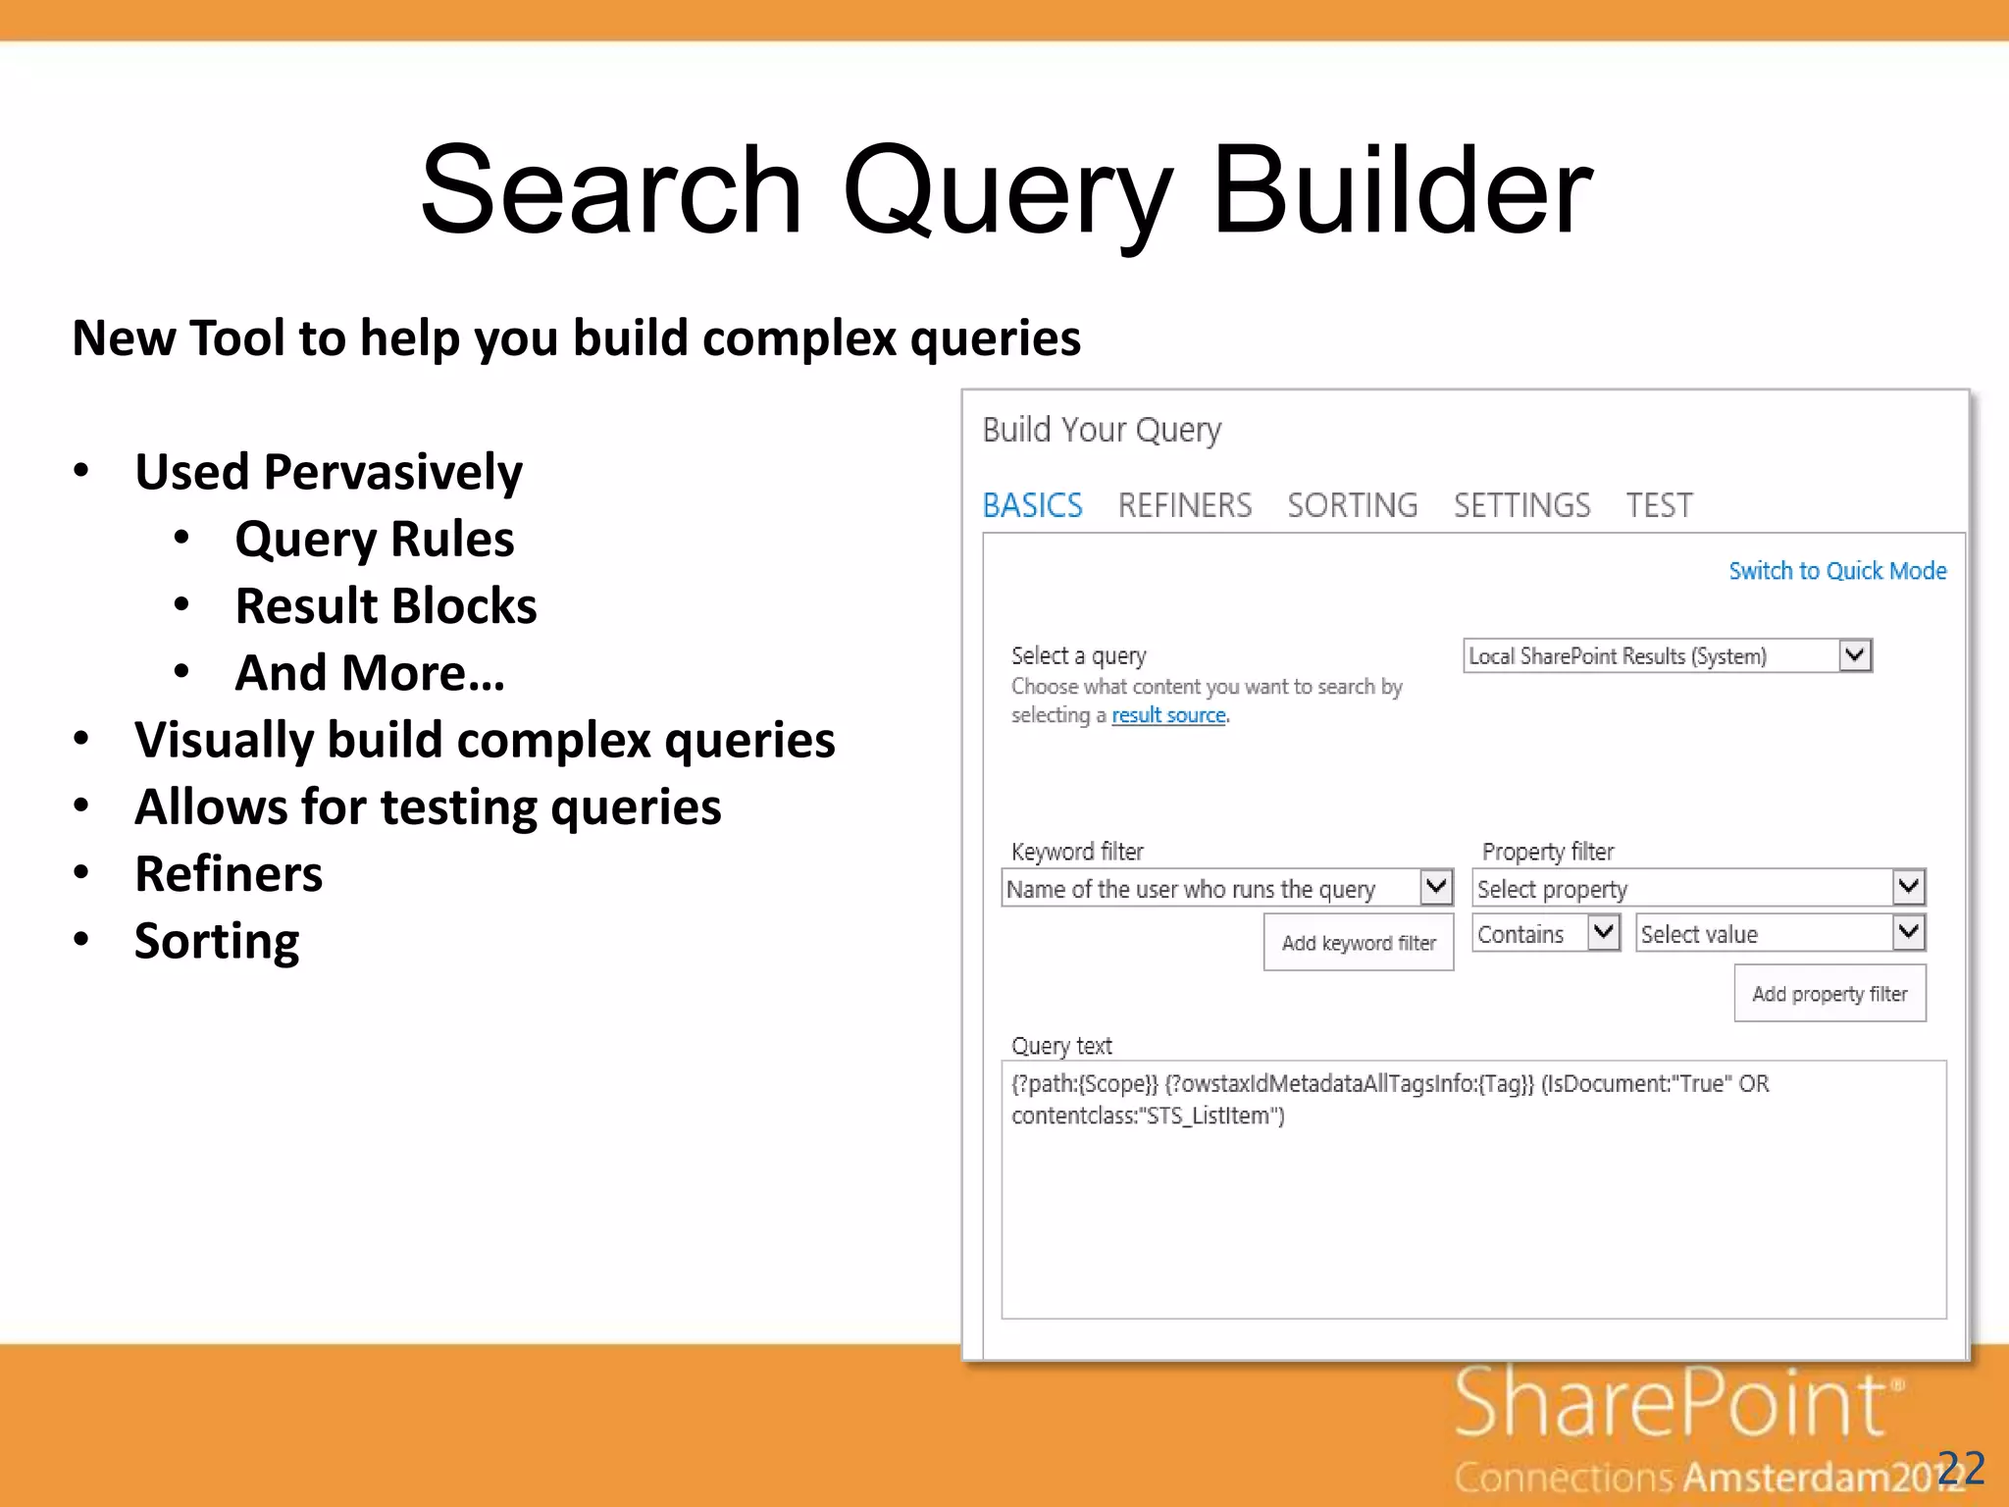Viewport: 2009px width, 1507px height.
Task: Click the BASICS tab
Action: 1032,505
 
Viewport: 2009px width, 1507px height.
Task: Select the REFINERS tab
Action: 1184,505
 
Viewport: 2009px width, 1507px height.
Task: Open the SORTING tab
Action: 1352,505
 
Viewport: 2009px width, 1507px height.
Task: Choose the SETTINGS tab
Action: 1521,505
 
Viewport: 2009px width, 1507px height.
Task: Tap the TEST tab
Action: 1659,505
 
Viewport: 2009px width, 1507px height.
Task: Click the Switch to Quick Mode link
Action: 1836,571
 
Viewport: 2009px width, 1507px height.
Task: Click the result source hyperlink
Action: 1168,715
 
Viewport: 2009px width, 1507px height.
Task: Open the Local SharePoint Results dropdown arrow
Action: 1855,654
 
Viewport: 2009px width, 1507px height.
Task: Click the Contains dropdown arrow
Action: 1604,932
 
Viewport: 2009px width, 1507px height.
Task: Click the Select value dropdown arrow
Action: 1908,932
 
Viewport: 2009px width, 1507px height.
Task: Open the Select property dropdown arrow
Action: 1908,888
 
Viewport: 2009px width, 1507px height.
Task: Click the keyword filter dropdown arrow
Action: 1436,887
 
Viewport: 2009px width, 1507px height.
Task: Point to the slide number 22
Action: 1961,1469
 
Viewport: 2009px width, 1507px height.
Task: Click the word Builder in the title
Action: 1402,190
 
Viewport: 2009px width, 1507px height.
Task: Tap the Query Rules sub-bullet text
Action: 374,539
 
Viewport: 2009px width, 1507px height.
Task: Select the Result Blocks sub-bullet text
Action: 386,605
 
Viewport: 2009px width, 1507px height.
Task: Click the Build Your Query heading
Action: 1102,430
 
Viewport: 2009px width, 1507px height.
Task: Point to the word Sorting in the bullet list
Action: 217,941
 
